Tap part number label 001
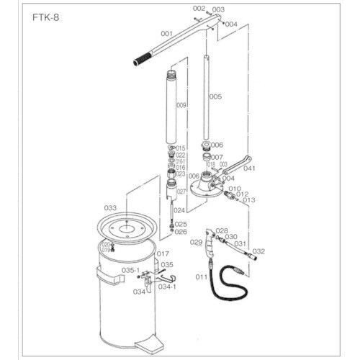pyautogui.click(x=166, y=33)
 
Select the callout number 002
pyautogui.click(x=199, y=8)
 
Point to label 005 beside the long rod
pyautogui.click(x=215, y=96)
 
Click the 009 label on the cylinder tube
pyautogui.click(x=181, y=105)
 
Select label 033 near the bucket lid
pyautogui.click(x=109, y=207)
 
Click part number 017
pyautogui.click(x=163, y=253)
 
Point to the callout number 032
pyautogui.click(x=259, y=251)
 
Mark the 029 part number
pyautogui.click(x=197, y=243)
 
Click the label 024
pyautogui.click(x=179, y=210)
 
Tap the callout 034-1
pyautogui.click(x=167, y=286)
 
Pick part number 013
pyautogui.click(x=249, y=200)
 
